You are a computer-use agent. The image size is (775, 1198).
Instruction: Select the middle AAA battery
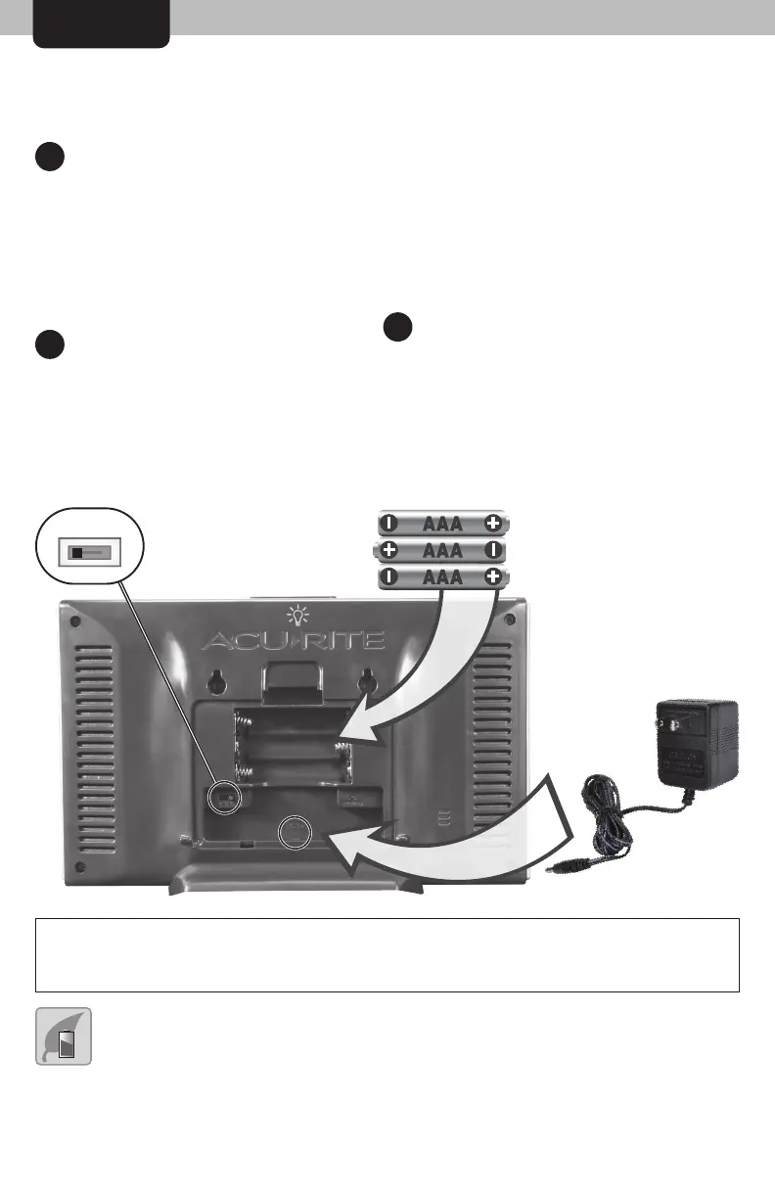coord(443,551)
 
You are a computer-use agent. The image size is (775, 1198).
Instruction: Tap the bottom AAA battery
coord(443,577)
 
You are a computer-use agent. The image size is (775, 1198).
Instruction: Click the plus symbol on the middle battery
coord(389,551)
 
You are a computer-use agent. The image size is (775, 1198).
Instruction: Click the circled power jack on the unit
coord(294,833)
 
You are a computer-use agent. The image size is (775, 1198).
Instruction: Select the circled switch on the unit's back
coord(224,796)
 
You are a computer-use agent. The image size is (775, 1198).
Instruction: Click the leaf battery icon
coord(66,1036)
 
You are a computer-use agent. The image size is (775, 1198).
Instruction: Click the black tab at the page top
coord(102,23)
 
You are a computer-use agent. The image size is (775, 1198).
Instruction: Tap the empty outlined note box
coord(387,955)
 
